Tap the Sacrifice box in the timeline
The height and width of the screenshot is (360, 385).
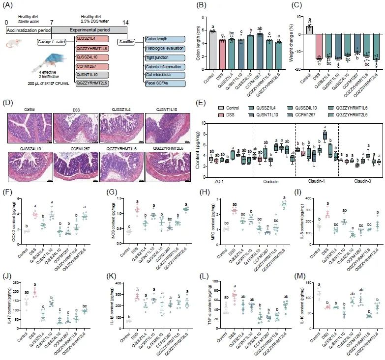pyautogui.click(x=127, y=42)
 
